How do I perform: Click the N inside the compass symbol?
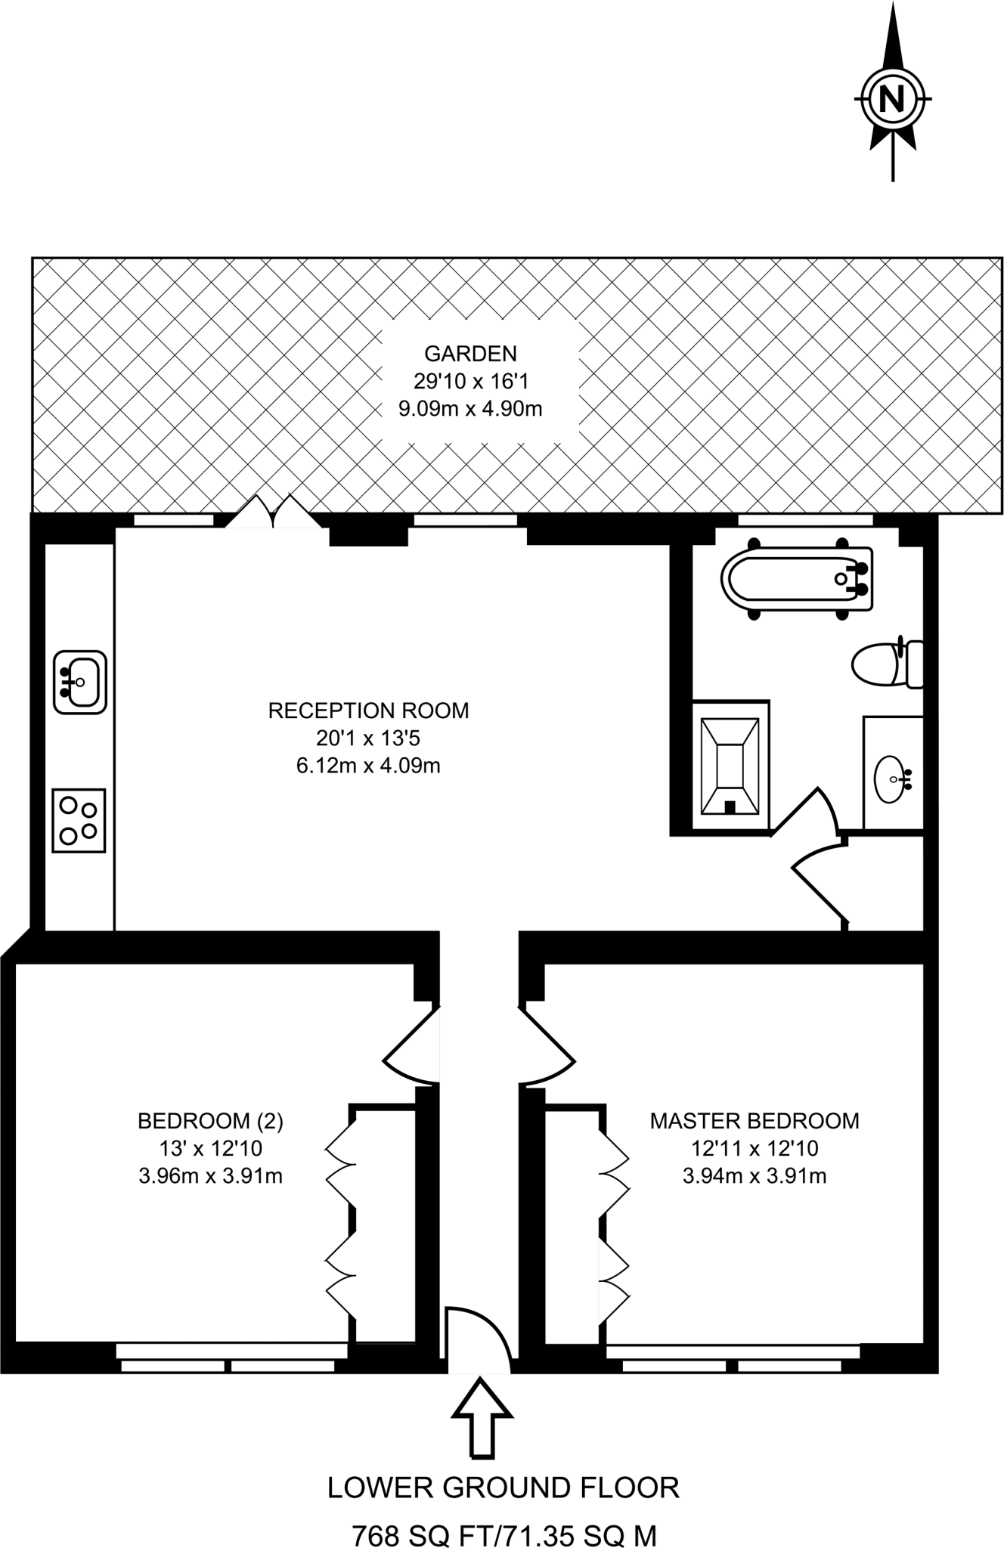point(892,98)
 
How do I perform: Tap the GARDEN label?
point(470,353)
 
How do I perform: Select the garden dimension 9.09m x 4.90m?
point(470,409)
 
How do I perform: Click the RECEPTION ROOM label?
point(368,711)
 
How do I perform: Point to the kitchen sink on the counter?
point(79,682)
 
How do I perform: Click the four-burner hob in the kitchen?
point(79,820)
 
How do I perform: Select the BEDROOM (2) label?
point(210,1121)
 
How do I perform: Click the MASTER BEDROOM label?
point(755,1121)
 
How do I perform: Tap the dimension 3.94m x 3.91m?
point(754,1176)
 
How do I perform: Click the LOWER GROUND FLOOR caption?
point(504,1466)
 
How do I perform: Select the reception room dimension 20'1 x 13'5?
point(368,738)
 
